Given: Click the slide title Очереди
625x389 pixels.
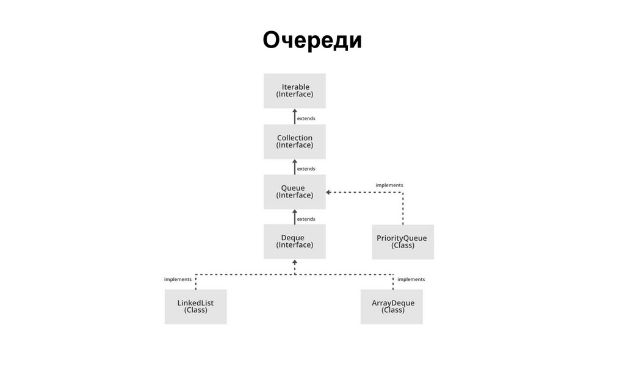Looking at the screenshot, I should (x=312, y=40).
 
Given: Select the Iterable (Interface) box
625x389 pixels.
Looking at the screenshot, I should (x=294, y=91).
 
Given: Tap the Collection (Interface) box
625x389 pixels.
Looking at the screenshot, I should (x=294, y=141).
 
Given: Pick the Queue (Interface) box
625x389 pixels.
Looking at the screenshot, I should (x=294, y=191).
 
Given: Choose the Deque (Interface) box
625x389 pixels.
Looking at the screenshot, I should (x=294, y=241).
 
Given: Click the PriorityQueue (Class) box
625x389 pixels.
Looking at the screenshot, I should (x=402, y=241).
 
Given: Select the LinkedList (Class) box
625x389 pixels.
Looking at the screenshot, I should (x=195, y=306).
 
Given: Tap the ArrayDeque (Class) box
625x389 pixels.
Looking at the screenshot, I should (x=392, y=306).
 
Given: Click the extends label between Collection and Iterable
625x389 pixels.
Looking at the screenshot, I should (x=306, y=118).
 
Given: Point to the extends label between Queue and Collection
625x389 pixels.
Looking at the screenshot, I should (x=306, y=169).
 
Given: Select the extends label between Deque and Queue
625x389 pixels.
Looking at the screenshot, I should (x=306, y=219).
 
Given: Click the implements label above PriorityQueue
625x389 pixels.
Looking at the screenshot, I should (x=389, y=185).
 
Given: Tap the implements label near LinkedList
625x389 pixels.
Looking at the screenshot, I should (x=178, y=279).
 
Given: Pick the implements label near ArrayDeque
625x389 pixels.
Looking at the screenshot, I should (x=411, y=279).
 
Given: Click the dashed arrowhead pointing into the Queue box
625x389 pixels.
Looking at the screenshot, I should (x=328, y=192).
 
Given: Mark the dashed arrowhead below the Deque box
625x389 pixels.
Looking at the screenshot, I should (x=295, y=262).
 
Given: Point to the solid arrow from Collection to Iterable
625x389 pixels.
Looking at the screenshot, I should (x=295, y=116).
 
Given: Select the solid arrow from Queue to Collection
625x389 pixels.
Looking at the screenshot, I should (x=295, y=166).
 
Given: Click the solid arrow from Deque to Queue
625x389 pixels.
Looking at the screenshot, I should (x=295, y=216).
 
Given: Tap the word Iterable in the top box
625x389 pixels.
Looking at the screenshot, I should (x=295, y=87).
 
